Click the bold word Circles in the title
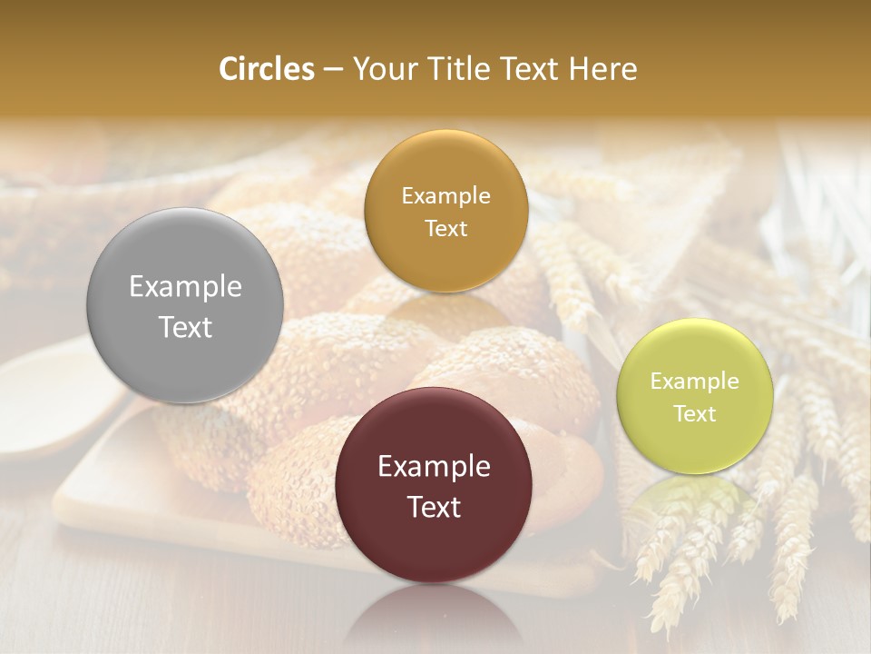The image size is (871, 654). [x=267, y=69]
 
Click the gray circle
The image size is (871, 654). [x=185, y=305]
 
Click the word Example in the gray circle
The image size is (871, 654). [x=185, y=287]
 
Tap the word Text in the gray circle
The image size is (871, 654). [x=185, y=327]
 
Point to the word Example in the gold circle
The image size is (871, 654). [x=445, y=196]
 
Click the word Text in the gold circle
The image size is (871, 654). [x=445, y=229]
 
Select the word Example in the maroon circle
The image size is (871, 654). [x=434, y=467]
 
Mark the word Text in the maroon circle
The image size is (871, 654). [x=434, y=507]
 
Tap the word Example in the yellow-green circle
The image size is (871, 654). [x=694, y=381]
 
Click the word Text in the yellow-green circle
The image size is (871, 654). [x=694, y=414]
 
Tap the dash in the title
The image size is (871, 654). [x=333, y=70]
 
